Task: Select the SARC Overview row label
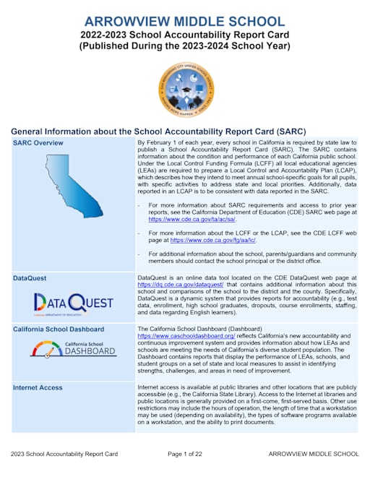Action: coord(38,143)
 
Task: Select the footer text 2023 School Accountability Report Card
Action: coord(64,454)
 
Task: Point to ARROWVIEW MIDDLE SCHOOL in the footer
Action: coord(313,454)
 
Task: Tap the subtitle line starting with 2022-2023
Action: coord(184,34)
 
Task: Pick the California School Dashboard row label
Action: coord(59,329)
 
